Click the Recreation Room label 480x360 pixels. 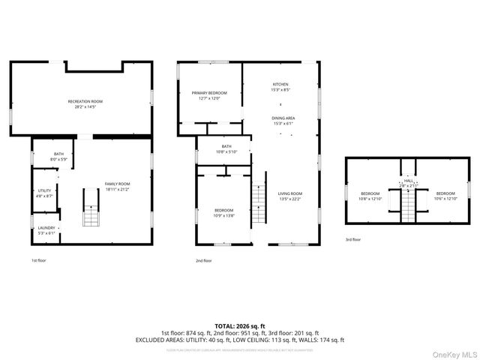tap(85, 103)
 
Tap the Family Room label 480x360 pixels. tap(117, 186)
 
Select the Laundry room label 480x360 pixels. tap(46, 230)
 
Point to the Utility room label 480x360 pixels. tap(44, 193)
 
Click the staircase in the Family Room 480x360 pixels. tap(91, 207)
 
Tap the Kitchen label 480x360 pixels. tap(280, 87)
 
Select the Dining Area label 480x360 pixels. tap(283, 121)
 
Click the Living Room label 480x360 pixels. tap(289, 196)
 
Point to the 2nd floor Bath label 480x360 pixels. tap(226, 148)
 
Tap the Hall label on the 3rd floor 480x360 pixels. tap(409, 182)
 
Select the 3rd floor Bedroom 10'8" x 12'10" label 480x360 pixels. tap(370, 196)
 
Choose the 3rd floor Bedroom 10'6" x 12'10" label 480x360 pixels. tap(446, 196)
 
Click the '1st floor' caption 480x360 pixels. tap(38, 261)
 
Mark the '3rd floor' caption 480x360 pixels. tap(352, 239)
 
